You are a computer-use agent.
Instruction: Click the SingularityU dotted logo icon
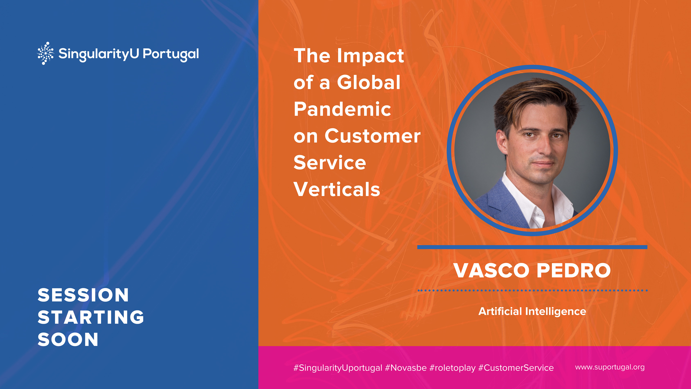coord(46,53)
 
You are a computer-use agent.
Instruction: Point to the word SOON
coord(68,339)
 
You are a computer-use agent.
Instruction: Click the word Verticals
coord(337,189)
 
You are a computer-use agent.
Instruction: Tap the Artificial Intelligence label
coord(532,311)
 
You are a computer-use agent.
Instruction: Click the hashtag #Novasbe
coord(406,368)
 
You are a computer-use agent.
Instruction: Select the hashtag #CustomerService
coord(516,368)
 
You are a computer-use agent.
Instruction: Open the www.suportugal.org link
coord(610,367)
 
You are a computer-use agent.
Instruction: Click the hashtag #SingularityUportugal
coord(338,368)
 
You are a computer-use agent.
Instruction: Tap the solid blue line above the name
coord(532,247)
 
